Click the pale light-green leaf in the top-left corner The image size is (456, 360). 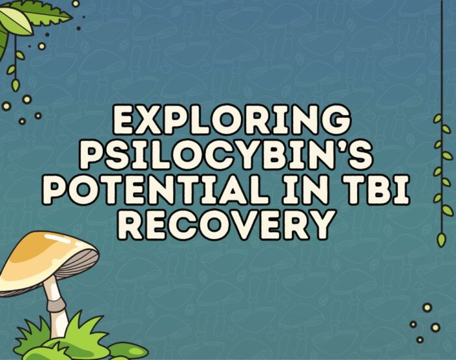click(x=14, y=23)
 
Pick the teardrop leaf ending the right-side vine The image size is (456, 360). click(x=441, y=240)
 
